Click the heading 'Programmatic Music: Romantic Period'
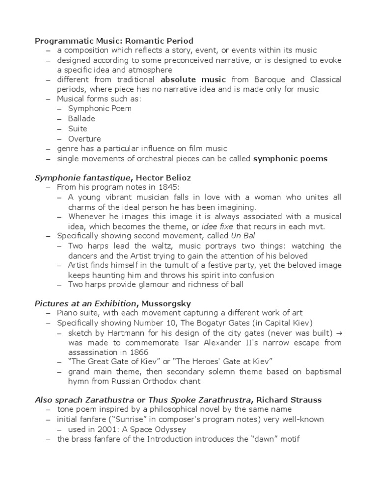(114, 41)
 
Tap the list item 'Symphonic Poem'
(100, 109)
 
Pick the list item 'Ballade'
(81, 119)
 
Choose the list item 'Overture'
(84, 139)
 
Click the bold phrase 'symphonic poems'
(290, 158)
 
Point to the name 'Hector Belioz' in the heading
(162, 177)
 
